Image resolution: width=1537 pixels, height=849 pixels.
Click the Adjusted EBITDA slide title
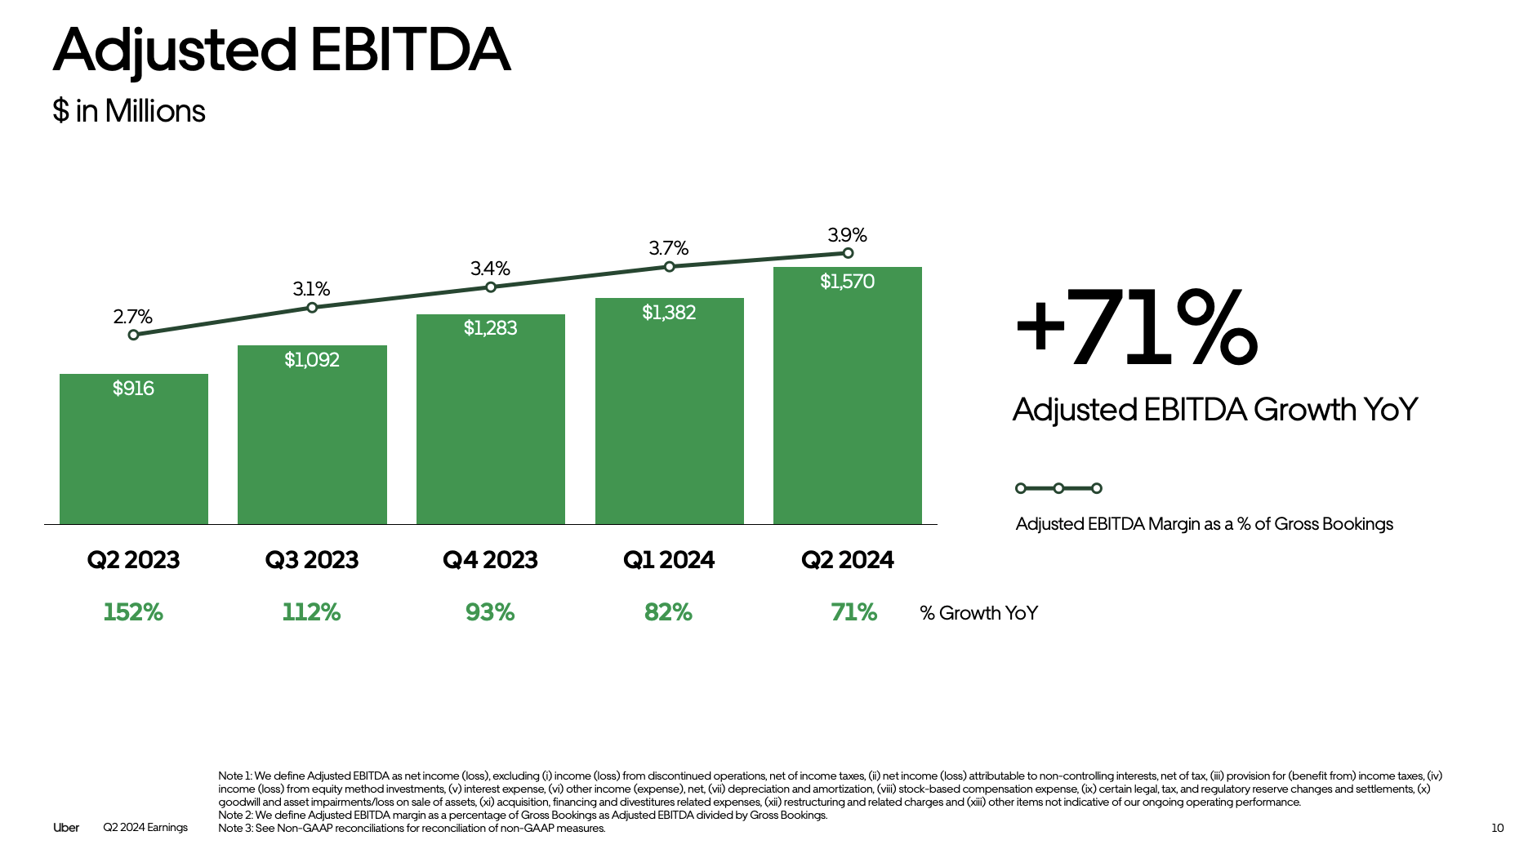(282, 51)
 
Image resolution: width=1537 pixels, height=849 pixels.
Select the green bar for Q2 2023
(134, 457)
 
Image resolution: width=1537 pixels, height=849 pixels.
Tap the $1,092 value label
(312, 360)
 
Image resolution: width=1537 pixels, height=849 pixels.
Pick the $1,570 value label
(847, 282)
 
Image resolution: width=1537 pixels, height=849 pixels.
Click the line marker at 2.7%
(133, 335)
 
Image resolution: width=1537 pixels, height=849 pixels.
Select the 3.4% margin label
(490, 269)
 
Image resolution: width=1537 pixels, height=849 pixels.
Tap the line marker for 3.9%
(848, 253)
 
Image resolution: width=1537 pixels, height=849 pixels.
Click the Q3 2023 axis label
(312, 560)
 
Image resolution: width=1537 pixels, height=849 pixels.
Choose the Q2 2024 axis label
(847, 560)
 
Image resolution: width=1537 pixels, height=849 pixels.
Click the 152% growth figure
(133, 612)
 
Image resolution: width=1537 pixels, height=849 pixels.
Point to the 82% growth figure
(668, 612)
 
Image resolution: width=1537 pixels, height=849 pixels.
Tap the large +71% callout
(1135, 328)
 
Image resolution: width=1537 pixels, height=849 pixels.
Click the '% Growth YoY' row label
(978, 613)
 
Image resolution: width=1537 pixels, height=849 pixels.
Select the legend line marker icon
(1058, 488)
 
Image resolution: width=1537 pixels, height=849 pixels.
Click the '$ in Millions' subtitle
(129, 111)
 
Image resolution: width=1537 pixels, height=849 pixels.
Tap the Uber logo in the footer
(66, 828)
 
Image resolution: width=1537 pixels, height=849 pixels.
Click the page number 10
(1497, 828)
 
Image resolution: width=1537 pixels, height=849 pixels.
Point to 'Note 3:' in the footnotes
(235, 828)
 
